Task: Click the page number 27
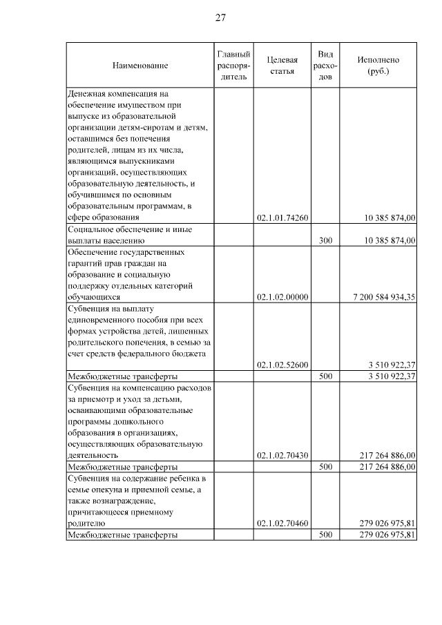220,17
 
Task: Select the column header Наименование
140,65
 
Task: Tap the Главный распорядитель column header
233,65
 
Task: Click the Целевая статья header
282,65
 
